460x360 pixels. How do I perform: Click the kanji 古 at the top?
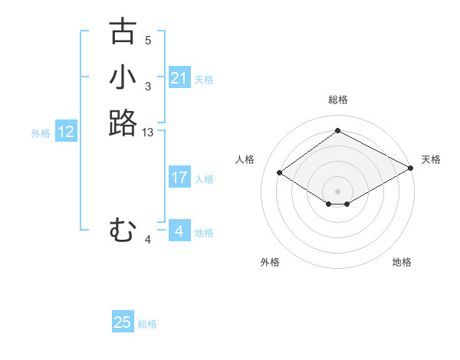(123, 31)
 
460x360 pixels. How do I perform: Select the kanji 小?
(123, 77)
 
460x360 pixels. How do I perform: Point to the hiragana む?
(123, 229)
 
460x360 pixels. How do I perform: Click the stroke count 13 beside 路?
(148, 133)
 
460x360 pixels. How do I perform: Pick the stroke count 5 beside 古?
(148, 41)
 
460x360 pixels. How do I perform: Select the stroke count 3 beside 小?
(148, 87)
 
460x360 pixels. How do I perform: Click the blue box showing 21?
(179, 78)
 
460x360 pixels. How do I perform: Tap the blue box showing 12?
(66, 132)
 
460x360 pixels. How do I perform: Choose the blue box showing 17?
(179, 178)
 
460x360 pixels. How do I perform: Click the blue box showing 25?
(123, 322)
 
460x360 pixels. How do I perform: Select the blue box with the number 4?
(179, 231)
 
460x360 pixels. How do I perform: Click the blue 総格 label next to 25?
(147, 324)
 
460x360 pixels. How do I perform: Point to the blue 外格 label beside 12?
(41, 133)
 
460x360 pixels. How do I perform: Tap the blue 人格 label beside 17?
(204, 179)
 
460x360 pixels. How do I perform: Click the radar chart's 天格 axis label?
(431, 159)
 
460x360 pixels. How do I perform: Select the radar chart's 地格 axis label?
(402, 262)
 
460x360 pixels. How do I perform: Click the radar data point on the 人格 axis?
(280, 173)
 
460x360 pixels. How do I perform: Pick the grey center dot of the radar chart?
(337, 191)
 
